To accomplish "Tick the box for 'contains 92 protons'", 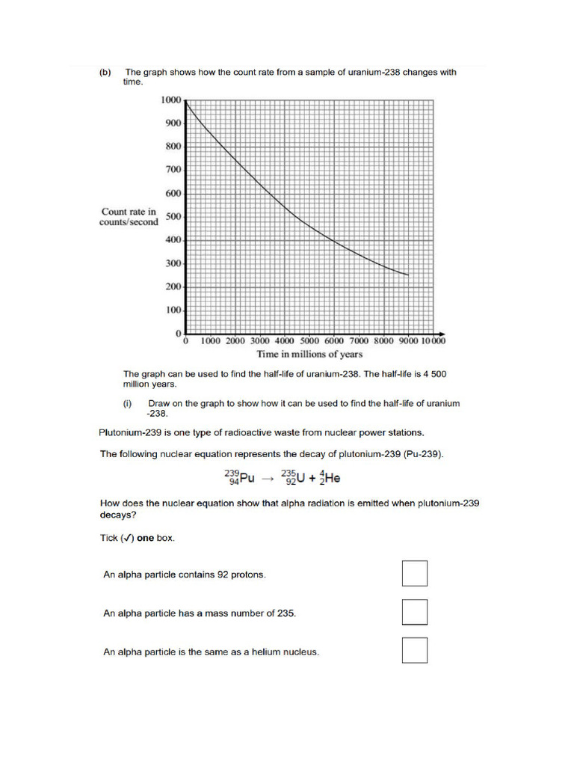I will pos(414,574).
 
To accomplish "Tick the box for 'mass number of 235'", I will pos(414,612).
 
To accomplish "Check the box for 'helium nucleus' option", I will pos(414,650).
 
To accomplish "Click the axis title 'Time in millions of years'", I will pos(309,355).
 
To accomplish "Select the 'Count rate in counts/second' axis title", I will pos(129,217).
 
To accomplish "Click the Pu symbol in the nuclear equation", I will pos(243,477).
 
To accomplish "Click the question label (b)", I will pos(105,73).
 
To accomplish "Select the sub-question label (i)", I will pos(128,403).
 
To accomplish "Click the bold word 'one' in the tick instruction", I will pos(146,539).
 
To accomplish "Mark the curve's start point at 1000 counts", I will pos(186,100).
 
